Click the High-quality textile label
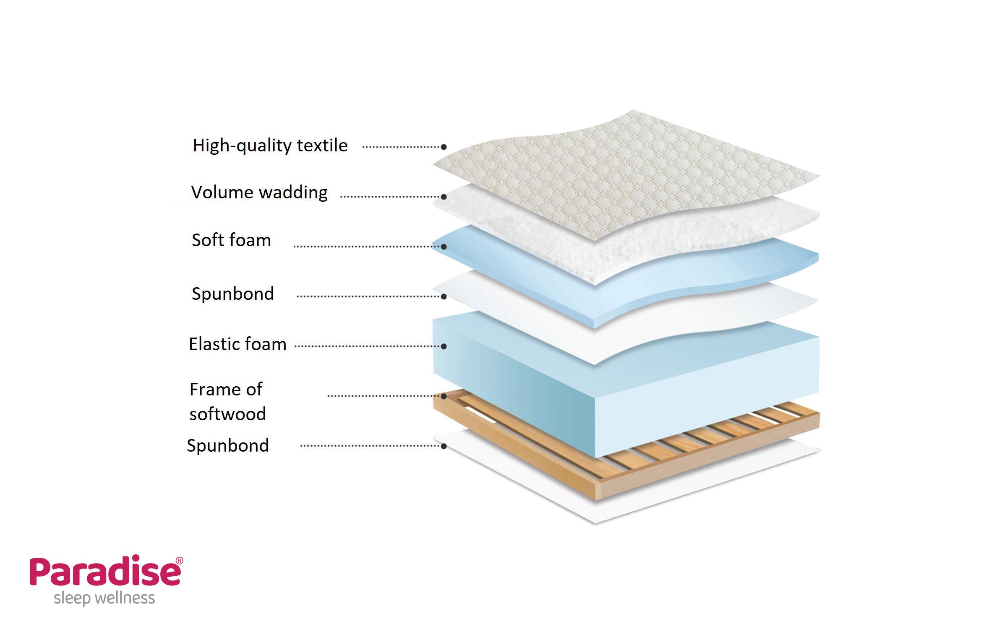270,146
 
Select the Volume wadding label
259,192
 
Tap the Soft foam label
231,240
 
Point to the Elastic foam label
237,344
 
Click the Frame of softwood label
227,401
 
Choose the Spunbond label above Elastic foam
232,294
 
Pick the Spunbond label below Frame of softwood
228,445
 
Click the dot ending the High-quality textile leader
443,147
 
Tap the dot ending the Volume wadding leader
443,197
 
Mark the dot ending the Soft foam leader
443,247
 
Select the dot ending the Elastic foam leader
443,346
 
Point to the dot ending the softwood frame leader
443,396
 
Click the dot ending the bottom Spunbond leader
443,446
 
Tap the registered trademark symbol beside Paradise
179,561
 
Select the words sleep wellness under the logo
104,598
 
